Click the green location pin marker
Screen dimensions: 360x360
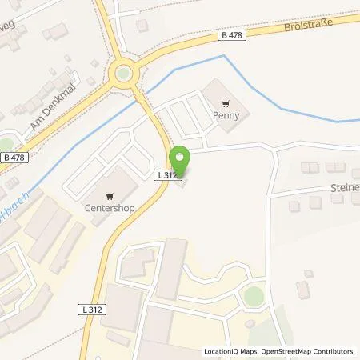[179, 159]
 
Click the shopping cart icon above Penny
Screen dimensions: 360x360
[226, 102]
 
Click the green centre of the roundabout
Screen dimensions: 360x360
[122, 74]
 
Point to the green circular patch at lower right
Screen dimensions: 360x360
[253, 296]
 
